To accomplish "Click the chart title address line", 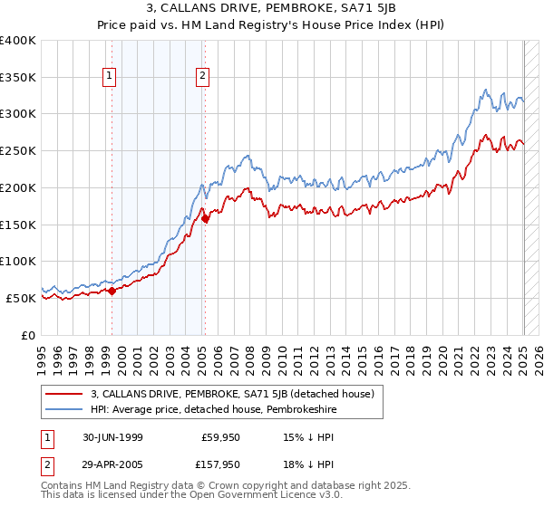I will (272, 8).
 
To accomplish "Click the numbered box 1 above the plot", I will (109, 77).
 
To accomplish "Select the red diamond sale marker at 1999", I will (112, 291).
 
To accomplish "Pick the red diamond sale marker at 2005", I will (206, 218).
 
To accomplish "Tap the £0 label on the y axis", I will (28, 335).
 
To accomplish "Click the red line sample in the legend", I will (65, 392).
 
